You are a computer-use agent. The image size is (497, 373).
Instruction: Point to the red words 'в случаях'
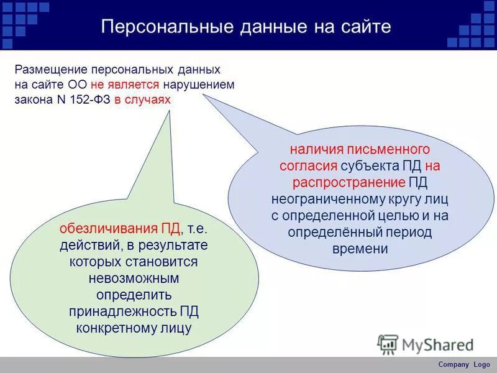click(x=142, y=99)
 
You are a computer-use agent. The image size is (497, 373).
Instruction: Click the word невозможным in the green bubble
click(x=134, y=278)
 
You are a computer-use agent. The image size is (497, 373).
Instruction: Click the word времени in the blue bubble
click(x=360, y=249)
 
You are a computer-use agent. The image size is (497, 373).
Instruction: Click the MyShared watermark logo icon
click(x=388, y=344)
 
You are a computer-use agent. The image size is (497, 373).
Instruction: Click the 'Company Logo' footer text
click(x=463, y=364)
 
